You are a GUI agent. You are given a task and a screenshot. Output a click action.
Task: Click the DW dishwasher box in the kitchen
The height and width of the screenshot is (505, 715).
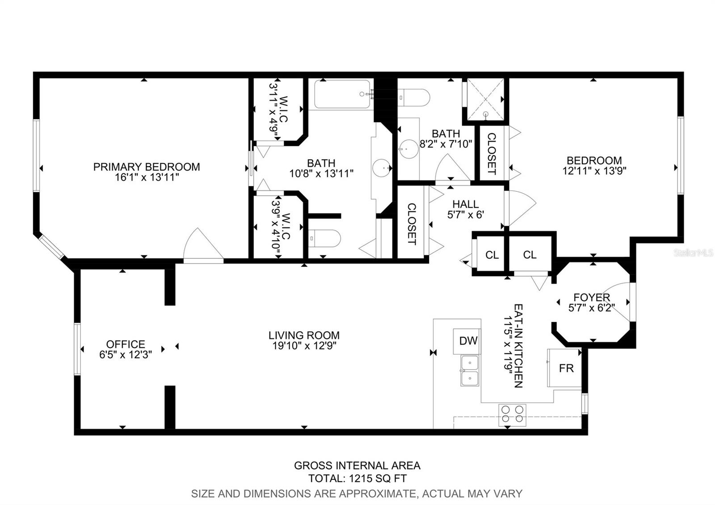tap(468, 341)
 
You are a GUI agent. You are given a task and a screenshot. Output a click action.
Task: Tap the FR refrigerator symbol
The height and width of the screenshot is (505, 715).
tap(566, 368)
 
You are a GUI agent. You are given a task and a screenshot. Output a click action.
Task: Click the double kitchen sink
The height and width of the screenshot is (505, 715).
tap(469, 370)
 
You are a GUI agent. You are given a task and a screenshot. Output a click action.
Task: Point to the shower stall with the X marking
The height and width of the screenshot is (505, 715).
tap(485, 99)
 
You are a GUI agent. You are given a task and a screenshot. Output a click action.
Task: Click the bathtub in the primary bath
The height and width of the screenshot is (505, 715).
tap(342, 94)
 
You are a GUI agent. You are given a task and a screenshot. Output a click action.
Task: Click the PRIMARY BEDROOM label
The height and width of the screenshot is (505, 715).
tap(147, 167)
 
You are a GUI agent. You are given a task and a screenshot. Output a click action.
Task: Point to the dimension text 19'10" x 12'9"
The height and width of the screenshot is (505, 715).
tap(304, 345)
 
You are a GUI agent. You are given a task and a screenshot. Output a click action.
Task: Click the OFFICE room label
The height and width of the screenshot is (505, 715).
tap(126, 344)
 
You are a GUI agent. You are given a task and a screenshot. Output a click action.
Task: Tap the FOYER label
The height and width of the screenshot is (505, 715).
tap(592, 298)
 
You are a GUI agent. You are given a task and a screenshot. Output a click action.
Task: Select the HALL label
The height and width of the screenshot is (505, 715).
tap(466, 204)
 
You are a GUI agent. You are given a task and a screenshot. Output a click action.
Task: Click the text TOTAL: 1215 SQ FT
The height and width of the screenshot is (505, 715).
tap(357, 479)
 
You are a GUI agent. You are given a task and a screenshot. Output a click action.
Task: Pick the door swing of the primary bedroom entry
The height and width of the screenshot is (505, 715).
tap(202, 245)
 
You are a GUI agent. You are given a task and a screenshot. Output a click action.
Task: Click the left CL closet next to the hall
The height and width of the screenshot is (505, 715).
tap(492, 255)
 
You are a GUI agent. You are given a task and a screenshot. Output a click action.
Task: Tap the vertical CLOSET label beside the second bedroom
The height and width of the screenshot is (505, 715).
tap(491, 153)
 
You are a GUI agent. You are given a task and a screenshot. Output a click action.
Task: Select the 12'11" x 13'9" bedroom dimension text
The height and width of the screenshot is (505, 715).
tap(594, 170)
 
